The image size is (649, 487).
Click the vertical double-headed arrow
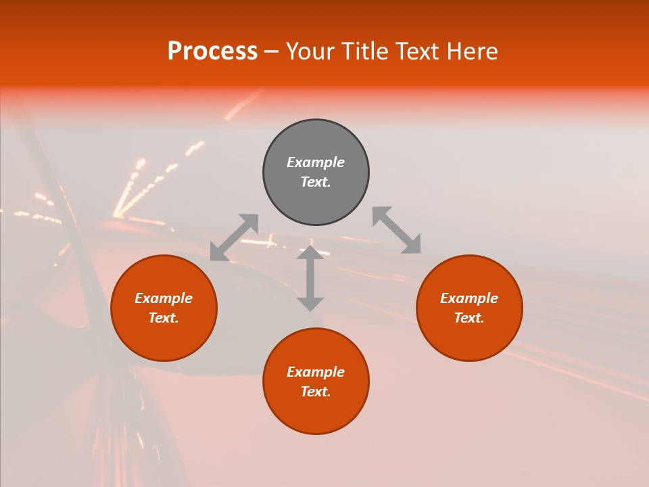pos(310,278)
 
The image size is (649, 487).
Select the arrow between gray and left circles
pos(234,237)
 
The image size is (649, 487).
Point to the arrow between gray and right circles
pos(397,230)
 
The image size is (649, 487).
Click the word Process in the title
pos(212,51)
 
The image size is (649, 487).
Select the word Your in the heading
pos(309,51)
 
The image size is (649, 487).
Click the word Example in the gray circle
pos(316,162)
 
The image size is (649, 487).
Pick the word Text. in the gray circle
pos(316,182)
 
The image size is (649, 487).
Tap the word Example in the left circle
pos(164,298)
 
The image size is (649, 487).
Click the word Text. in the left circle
pos(164,318)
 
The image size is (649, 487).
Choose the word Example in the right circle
pos(469,298)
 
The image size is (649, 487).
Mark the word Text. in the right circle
pos(469,318)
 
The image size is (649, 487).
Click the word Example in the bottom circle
pos(316,372)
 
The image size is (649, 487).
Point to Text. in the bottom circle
pos(316,392)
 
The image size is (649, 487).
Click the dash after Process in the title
pos(271,52)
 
